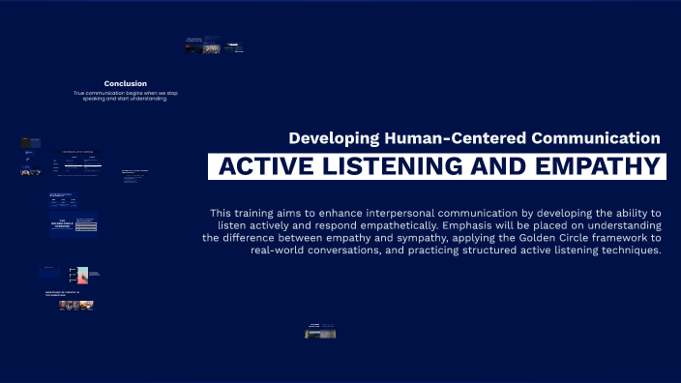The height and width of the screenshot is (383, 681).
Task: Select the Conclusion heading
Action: click(126, 83)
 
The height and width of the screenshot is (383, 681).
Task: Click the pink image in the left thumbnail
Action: click(83, 276)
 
